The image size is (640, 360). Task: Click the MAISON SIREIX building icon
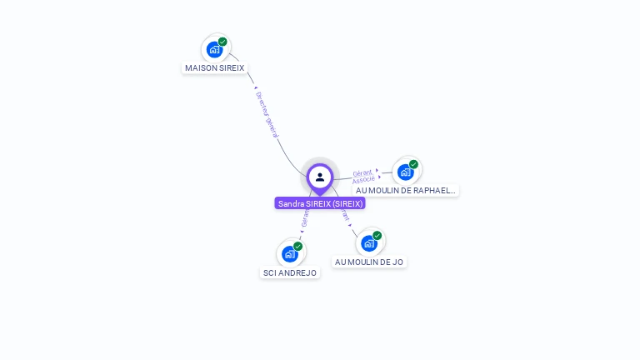tap(214, 50)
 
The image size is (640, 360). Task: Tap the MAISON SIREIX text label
tap(215, 67)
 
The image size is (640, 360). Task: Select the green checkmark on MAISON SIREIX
tap(222, 42)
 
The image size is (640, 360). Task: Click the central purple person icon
tap(320, 177)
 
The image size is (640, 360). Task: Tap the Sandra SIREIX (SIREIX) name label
tap(320, 203)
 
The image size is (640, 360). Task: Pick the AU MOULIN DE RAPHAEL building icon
tap(406, 172)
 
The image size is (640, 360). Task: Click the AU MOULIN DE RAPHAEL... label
tap(406, 190)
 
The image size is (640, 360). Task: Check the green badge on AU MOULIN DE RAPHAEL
tap(413, 164)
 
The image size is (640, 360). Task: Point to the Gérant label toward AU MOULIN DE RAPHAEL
tap(362, 172)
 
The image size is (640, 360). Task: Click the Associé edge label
tap(363, 180)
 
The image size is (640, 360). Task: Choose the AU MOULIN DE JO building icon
tap(369, 243)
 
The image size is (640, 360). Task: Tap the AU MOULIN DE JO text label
tap(369, 262)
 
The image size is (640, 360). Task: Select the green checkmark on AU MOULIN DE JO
tap(377, 236)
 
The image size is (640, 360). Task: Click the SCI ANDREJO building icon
tap(290, 253)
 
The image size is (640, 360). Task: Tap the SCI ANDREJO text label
tap(290, 272)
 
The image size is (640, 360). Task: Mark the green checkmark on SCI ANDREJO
tap(298, 246)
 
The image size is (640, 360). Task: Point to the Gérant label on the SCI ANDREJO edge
tap(305, 219)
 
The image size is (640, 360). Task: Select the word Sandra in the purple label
tap(291, 203)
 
